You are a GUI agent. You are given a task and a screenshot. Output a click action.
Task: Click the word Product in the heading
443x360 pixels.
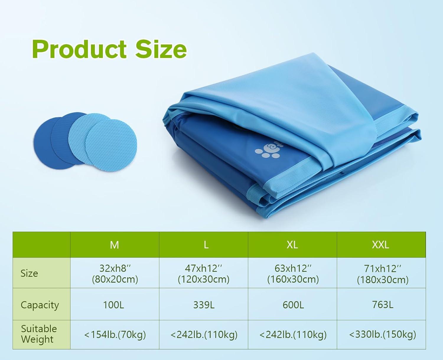pyautogui.click(x=79, y=49)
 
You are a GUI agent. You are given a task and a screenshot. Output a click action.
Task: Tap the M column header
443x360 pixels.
pyautogui.click(x=114, y=245)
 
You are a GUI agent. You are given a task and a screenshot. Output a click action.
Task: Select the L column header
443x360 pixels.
pyautogui.click(x=206, y=245)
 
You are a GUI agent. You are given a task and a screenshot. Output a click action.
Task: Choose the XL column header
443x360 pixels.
pyautogui.click(x=292, y=245)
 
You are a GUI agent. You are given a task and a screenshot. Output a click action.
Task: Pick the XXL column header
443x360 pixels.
pyautogui.click(x=380, y=245)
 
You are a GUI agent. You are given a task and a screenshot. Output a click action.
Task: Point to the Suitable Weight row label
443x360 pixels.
pyautogui.click(x=39, y=334)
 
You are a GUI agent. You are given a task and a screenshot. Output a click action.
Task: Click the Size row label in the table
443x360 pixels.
pyautogui.click(x=29, y=273)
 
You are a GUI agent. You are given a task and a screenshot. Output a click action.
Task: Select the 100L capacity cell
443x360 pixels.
pyautogui.click(x=114, y=305)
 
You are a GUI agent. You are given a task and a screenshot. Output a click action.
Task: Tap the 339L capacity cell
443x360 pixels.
pyautogui.click(x=204, y=305)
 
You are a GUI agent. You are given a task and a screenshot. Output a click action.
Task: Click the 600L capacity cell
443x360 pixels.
pyautogui.click(x=293, y=305)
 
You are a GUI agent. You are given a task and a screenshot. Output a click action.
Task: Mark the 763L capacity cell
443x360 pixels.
pyautogui.click(x=383, y=305)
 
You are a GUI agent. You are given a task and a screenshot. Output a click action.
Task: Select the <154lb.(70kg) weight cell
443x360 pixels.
pyautogui.click(x=115, y=335)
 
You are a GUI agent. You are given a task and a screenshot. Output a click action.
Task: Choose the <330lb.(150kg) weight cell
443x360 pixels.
pyautogui.click(x=382, y=334)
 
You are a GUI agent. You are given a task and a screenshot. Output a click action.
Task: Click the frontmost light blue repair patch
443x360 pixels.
pyautogui.click(x=111, y=145)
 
